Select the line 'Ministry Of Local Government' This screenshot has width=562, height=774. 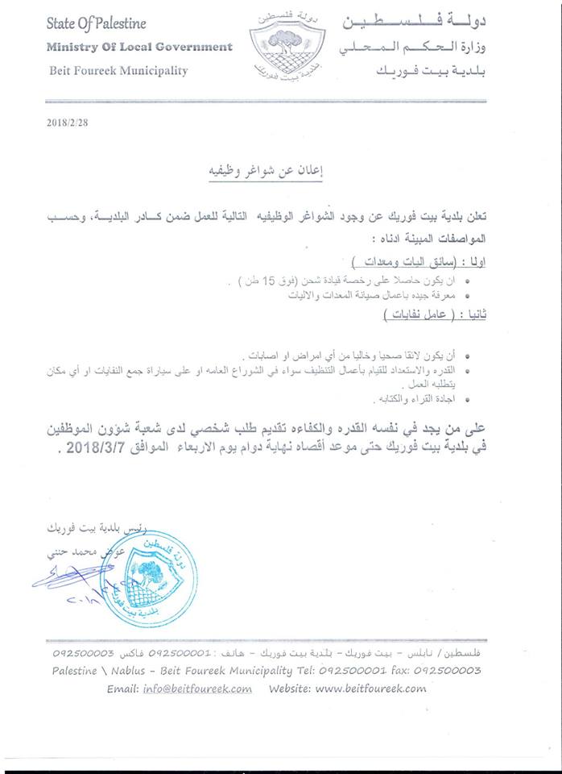tap(139, 47)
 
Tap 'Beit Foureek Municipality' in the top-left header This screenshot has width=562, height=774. tap(117, 71)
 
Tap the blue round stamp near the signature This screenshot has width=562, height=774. tap(150, 575)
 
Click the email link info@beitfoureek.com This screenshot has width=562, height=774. tap(196, 689)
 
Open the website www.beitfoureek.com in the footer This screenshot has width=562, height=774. tap(370, 689)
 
